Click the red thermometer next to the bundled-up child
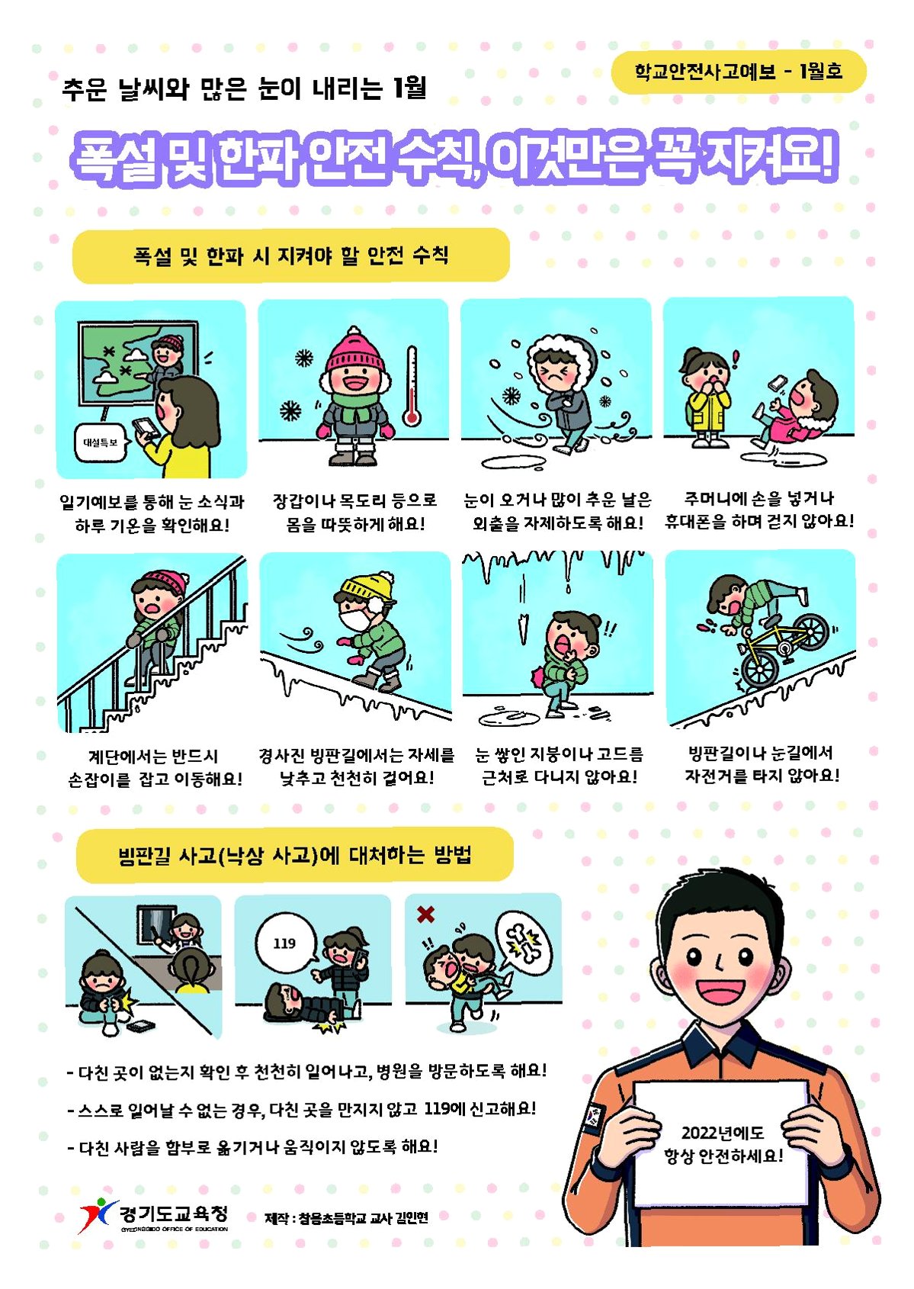pyautogui.click(x=411, y=386)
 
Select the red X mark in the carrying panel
pyautogui.click(x=425, y=914)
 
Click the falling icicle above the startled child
pyautogui.click(x=523, y=630)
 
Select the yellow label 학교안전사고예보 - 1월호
pyautogui.click(x=738, y=72)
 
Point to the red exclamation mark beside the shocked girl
pyautogui.click(x=735, y=360)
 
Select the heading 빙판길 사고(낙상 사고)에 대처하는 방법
pyautogui.click(x=294, y=855)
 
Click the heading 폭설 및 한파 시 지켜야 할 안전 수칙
pyautogui.click(x=291, y=256)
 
